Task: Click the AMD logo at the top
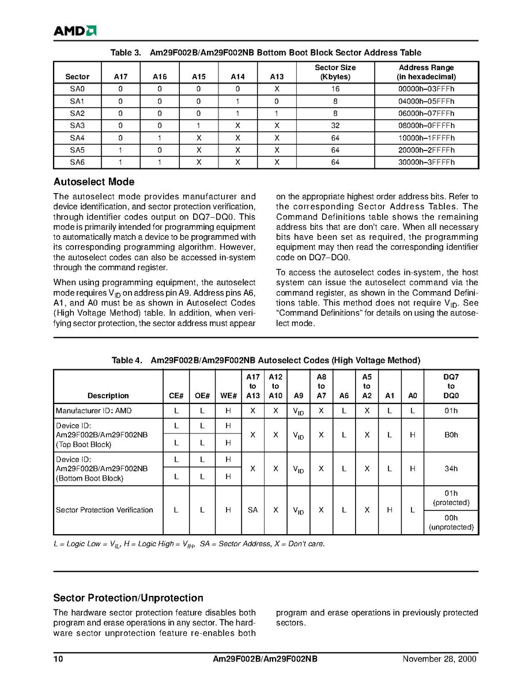tap(75, 31)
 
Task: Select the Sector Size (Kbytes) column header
tap(335, 72)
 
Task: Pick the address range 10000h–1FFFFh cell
tap(426, 138)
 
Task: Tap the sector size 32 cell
tap(335, 126)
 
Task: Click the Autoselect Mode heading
tap(93, 182)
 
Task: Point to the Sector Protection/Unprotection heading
tap(128, 598)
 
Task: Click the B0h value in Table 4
tap(451, 435)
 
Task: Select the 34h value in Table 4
tap(451, 469)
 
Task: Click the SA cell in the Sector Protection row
tap(252, 510)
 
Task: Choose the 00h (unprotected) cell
tap(451, 522)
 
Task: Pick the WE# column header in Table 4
tap(228, 395)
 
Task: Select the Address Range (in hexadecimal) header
tap(426, 72)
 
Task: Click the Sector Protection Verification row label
tap(104, 510)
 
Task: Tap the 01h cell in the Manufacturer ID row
tap(451, 411)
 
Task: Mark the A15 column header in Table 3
tap(198, 77)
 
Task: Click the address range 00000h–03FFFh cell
tap(426, 89)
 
